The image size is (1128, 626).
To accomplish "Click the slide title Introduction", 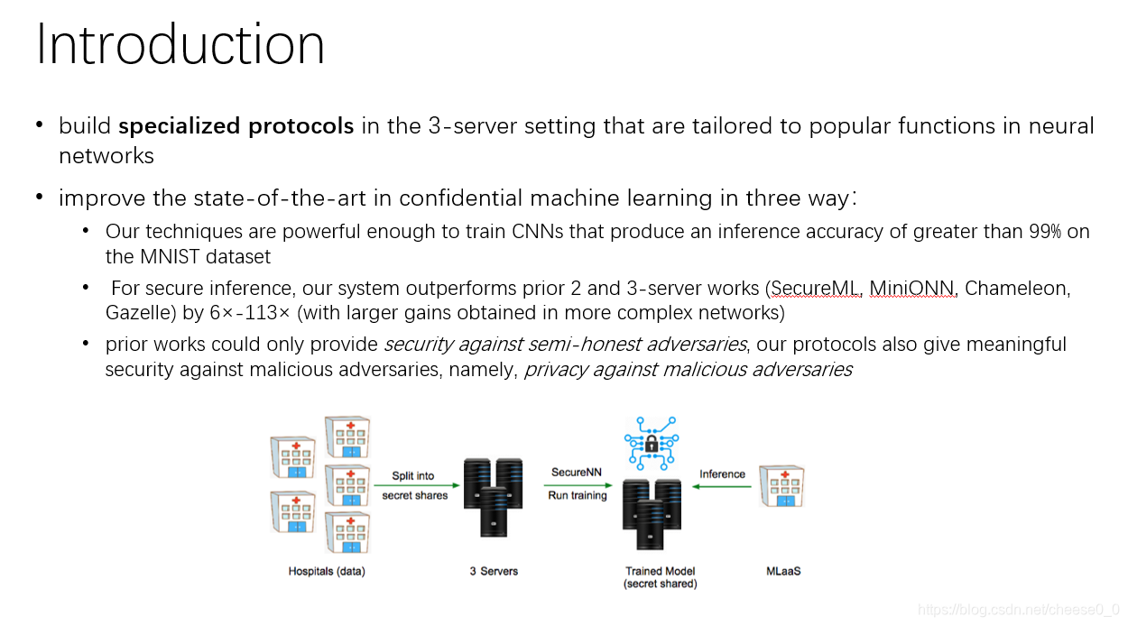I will [x=180, y=45].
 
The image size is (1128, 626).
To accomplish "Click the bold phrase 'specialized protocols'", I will [x=236, y=126].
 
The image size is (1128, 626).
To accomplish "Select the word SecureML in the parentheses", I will [x=814, y=290].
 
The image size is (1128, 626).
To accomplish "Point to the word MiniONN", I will [x=912, y=290].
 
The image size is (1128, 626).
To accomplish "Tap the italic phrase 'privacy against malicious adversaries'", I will [x=688, y=370].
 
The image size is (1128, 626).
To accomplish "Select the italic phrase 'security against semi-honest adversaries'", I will [x=566, y=345].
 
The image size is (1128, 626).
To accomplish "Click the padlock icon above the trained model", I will [x=652, y=443].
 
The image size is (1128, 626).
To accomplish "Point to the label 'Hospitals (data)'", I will [x=327, y=571].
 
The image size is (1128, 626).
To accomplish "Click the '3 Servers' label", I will [x=494, y=571].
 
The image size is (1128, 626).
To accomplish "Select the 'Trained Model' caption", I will [x=661, y=571].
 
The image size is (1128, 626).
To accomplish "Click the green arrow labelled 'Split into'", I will [x=414, y=486].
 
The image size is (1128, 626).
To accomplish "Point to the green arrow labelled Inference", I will [x=722, y=487].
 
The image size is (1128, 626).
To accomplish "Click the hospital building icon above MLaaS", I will [x=781, y=487].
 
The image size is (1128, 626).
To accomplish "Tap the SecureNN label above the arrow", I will [x=577, y=473].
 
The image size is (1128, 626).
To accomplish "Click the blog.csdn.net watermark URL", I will [x=1018, y=611].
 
